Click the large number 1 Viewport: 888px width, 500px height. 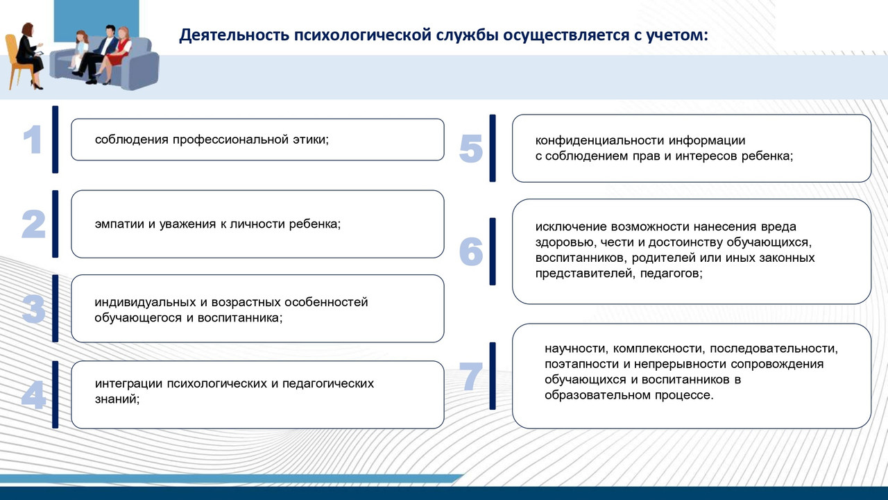pyautogui.click(x=33, y=140)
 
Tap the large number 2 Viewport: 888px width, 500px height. pyautogui.click(x=33, y=225)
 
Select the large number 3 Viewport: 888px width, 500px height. pyautogui.click(x=33, y=310)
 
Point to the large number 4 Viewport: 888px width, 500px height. pyautogui.click(x=33, y=395)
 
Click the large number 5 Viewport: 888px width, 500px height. pyautogui.click(x=471, y=149)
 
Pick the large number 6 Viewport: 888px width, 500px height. pyautogui.click(x=471, y=252)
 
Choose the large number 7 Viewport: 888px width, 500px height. pyautogui.click(x=471, y=376)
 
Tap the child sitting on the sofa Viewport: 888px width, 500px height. pyautogui.click(x=80, y=50)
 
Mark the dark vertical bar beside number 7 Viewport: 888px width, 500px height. pyautogui.click(x=493, y=376)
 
